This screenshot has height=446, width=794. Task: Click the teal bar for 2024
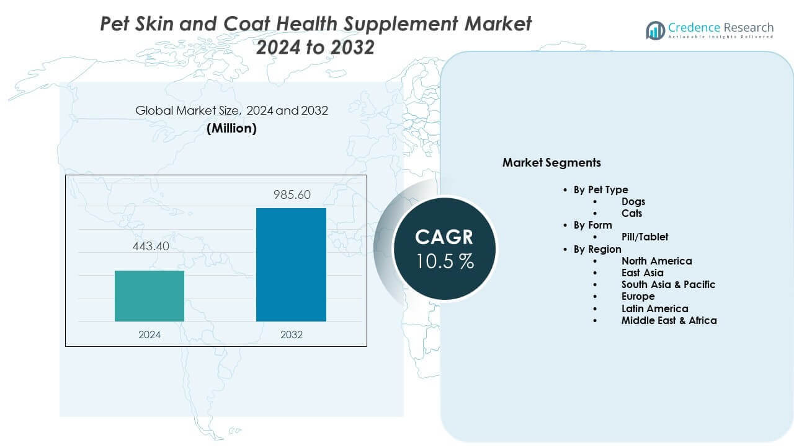(x=149, y=296)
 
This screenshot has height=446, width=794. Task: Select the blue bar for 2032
(x=291, y=265)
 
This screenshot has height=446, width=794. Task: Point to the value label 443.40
(x=149, y=247)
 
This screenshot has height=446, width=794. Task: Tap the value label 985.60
(x=292, y=195)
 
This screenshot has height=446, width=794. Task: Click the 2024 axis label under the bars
(x=149, y=334)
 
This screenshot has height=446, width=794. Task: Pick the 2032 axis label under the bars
(x=292, y=334)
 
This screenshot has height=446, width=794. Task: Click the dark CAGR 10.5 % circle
(x=444, y=248)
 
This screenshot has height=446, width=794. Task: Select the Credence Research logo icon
(x=655, y=30)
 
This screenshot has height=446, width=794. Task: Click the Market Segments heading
(x=551, y=163)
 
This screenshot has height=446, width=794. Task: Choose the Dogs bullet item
(x=633, y=201)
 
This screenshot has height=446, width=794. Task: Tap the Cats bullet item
(x=631, y=213)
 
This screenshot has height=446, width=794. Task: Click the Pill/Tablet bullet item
(x=645, y=237)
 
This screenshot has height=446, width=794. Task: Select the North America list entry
(x=656, y=261)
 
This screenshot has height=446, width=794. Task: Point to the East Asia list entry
(x=642, y=273)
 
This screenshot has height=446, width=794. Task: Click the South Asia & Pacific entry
(x=668, y=284)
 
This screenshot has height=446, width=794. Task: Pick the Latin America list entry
(x=654, y=308)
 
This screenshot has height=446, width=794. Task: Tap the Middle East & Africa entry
(x=669, y=320)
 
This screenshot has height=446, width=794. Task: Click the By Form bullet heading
(x=592, y=225)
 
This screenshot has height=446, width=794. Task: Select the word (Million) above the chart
(x=231, y=128)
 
